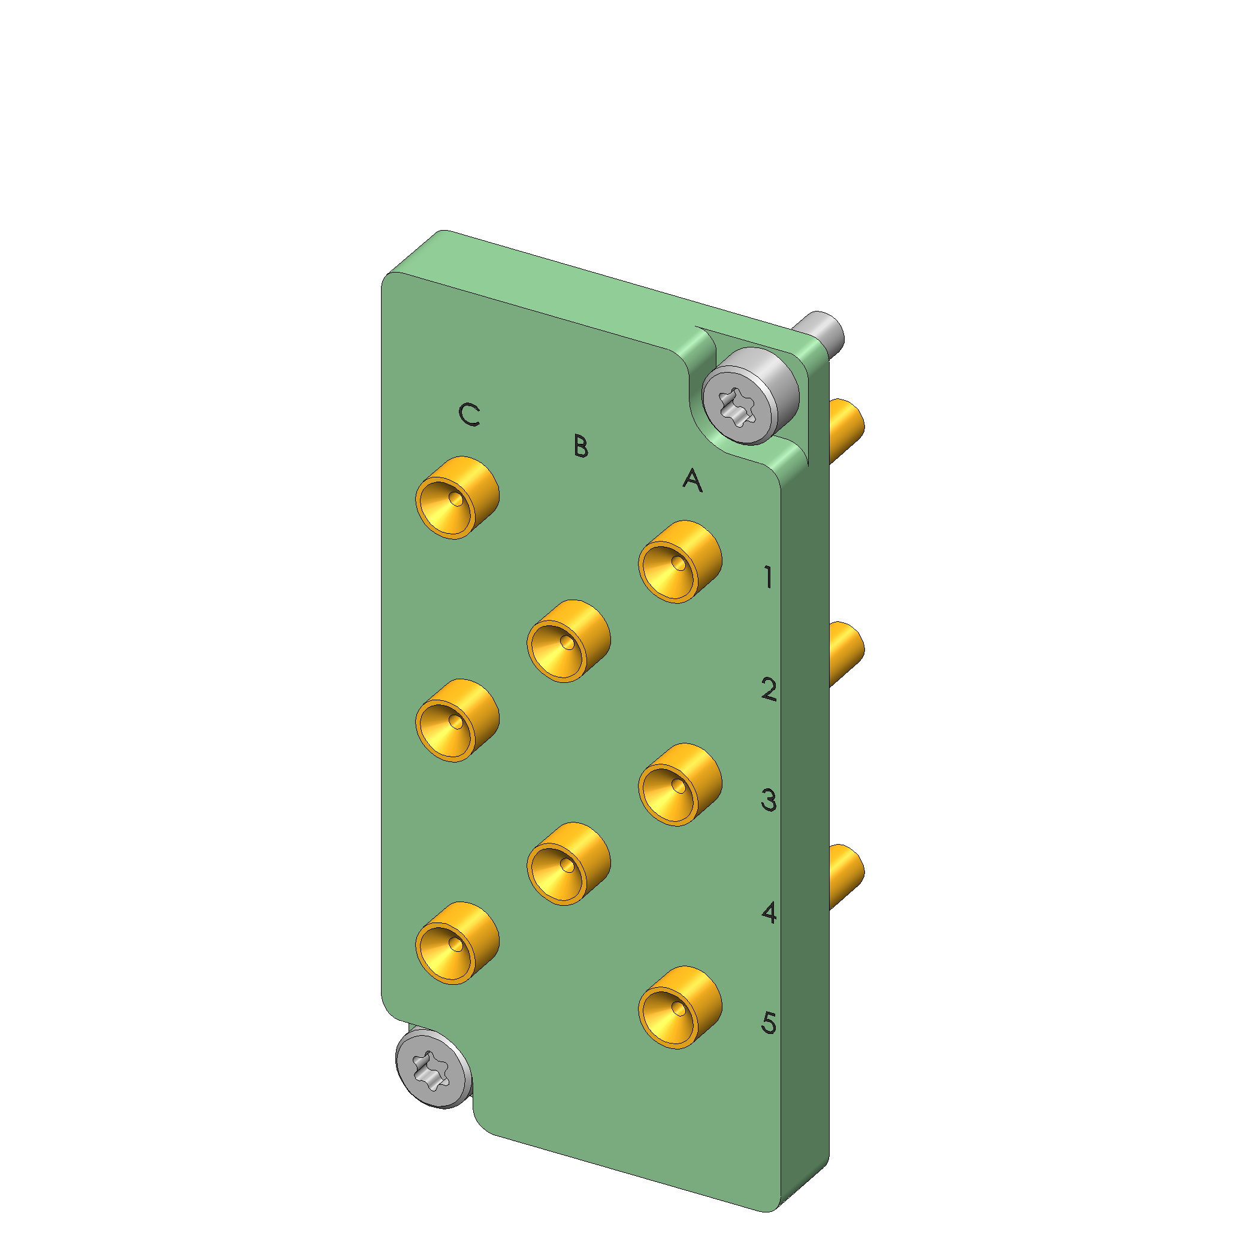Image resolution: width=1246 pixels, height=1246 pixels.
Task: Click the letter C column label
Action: (469, 415)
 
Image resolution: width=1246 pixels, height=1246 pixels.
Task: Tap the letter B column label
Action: (580, 446)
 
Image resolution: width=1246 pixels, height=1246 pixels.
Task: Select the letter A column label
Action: (692, 480)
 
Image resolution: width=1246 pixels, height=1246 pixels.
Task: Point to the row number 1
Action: (767, 576)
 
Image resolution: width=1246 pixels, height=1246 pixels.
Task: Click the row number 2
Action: (769, 689)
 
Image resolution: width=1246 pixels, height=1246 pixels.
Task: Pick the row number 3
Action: (769, 800)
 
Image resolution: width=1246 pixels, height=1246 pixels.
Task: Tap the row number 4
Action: (769, 912)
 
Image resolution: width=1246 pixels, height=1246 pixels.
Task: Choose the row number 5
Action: (769, 1023)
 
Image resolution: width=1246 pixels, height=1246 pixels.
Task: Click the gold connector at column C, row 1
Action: (457, 498)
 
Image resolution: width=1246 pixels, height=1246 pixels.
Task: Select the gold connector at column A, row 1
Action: (680, 562)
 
